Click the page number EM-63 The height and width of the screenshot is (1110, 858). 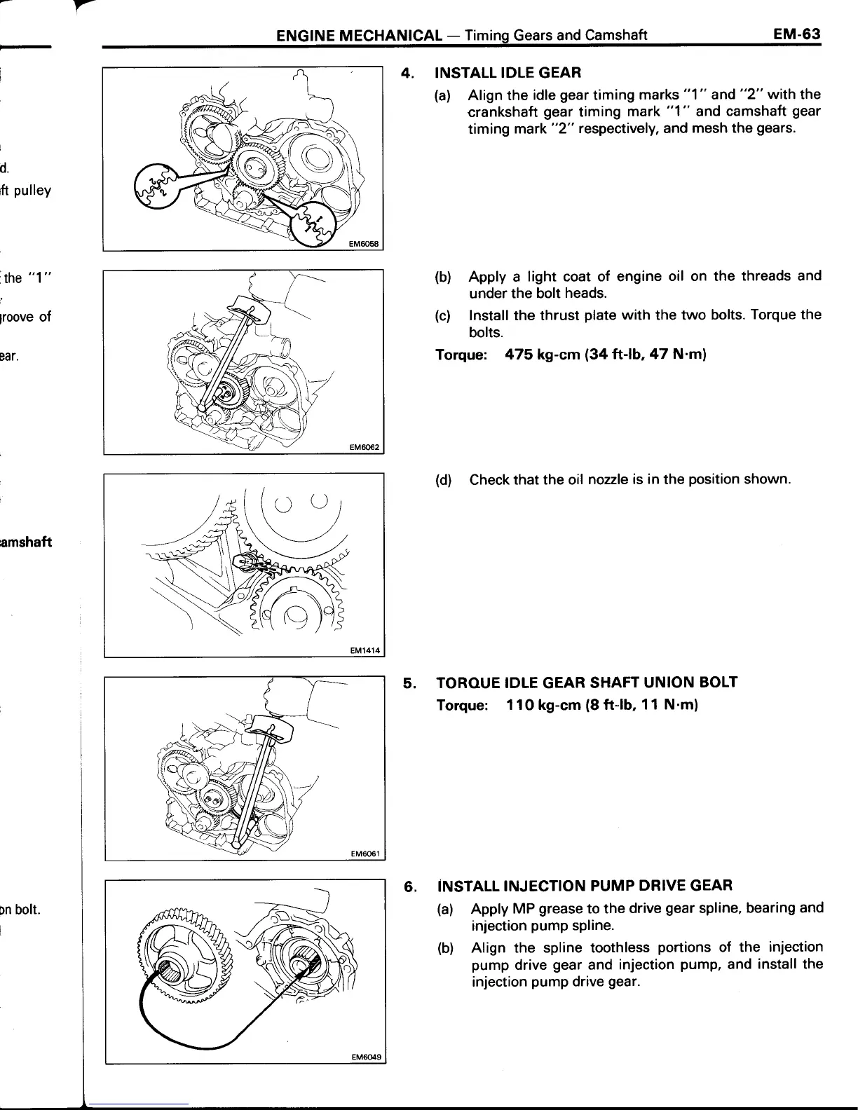(797, 34)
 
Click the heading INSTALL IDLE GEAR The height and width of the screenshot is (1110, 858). (508, 72)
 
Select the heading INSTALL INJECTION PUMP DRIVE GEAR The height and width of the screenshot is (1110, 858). (584, 885)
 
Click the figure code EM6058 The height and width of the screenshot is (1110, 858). (365, 244)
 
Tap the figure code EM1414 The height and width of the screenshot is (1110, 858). (365, 650)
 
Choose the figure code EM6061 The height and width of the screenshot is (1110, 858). (365, 854)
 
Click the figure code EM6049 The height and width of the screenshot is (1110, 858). (365, 1077)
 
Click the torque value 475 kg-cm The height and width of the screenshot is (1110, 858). (545, 355)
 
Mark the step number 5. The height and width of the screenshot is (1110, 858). (409, 683)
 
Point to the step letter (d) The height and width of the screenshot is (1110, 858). (443, 480)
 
